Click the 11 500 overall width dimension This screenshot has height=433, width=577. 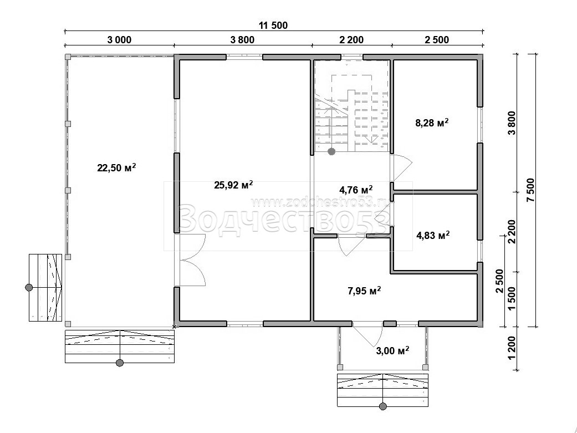(273, 26)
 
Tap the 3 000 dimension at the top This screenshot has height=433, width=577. (119, 40)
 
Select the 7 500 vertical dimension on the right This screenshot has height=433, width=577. (531, 190)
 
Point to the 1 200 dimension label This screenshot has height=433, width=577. (512, 348)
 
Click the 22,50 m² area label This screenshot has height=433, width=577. (116, 167)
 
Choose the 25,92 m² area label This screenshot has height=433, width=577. (233, 185)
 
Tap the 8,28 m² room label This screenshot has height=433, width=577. (432, 123)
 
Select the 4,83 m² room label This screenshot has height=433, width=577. (433, 235)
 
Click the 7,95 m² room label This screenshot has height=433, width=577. (364, 291)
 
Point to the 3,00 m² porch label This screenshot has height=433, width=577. (392, 350)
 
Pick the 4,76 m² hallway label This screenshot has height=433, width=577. (356, 190)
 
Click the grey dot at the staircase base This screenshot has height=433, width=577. (331, 151)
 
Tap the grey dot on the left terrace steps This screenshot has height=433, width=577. (29, 288)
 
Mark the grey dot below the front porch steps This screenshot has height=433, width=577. (383, 406)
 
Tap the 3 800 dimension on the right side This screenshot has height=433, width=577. (512, 123)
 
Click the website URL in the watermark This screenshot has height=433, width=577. (315, 202)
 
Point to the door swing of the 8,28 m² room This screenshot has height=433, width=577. (402, 168)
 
